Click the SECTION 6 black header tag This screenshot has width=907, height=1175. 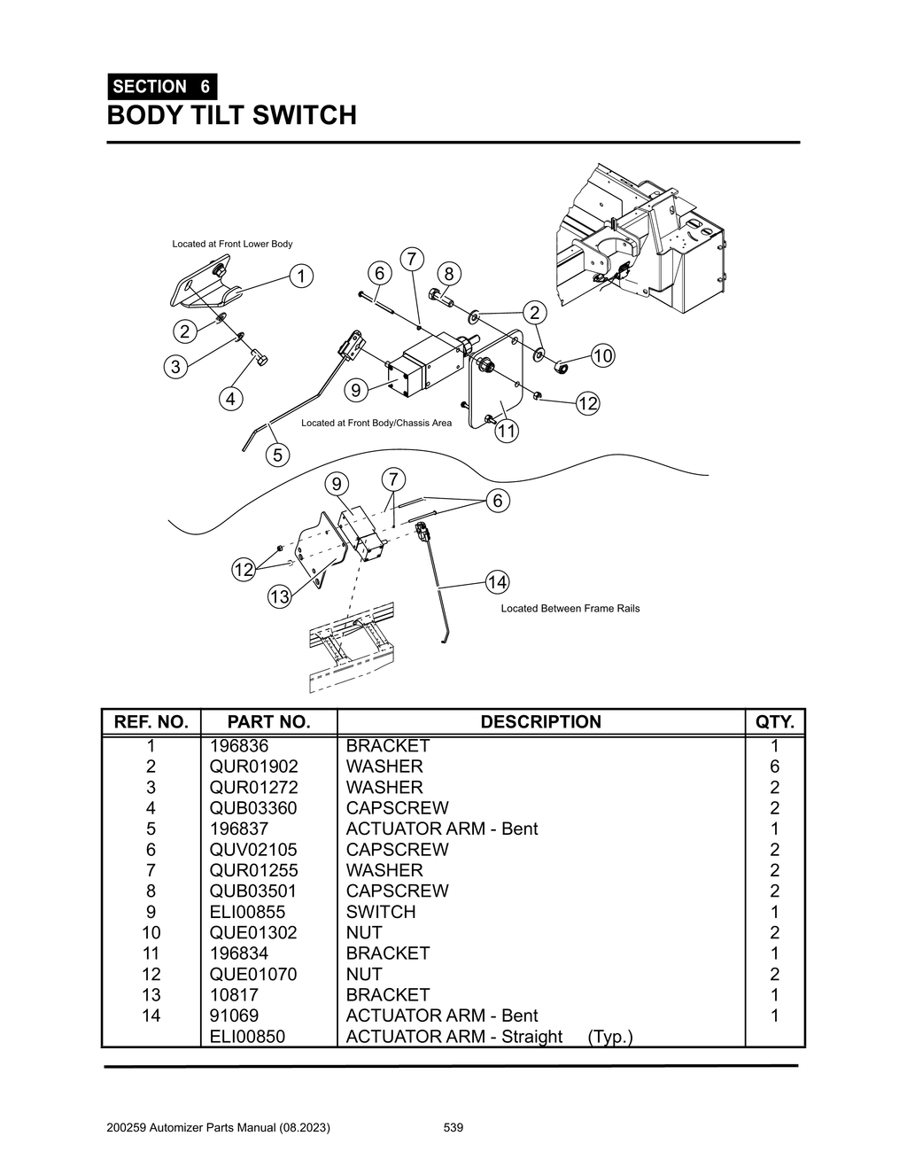162,87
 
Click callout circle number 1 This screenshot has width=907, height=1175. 301,276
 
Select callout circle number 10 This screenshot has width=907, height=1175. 602,356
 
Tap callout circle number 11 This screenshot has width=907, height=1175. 506,432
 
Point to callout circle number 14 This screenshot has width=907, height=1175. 497,582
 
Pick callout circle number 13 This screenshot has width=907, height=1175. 279,597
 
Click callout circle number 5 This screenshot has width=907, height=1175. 277,455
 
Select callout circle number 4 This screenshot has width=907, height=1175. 230,399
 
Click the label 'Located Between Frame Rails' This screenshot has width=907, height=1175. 570,609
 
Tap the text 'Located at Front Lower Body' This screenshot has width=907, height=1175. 232,244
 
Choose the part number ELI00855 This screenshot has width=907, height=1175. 247,912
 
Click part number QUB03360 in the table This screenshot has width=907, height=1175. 253,808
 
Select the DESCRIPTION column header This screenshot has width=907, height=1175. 540,722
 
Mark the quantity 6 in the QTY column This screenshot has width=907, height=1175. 775,766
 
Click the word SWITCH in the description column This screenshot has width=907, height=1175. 381,912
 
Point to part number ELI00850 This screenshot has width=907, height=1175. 247,1037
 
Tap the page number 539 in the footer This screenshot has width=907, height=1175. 453,1128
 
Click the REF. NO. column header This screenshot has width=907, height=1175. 151,722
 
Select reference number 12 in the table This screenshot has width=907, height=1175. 151,974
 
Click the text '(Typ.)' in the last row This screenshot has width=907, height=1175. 610,1037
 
